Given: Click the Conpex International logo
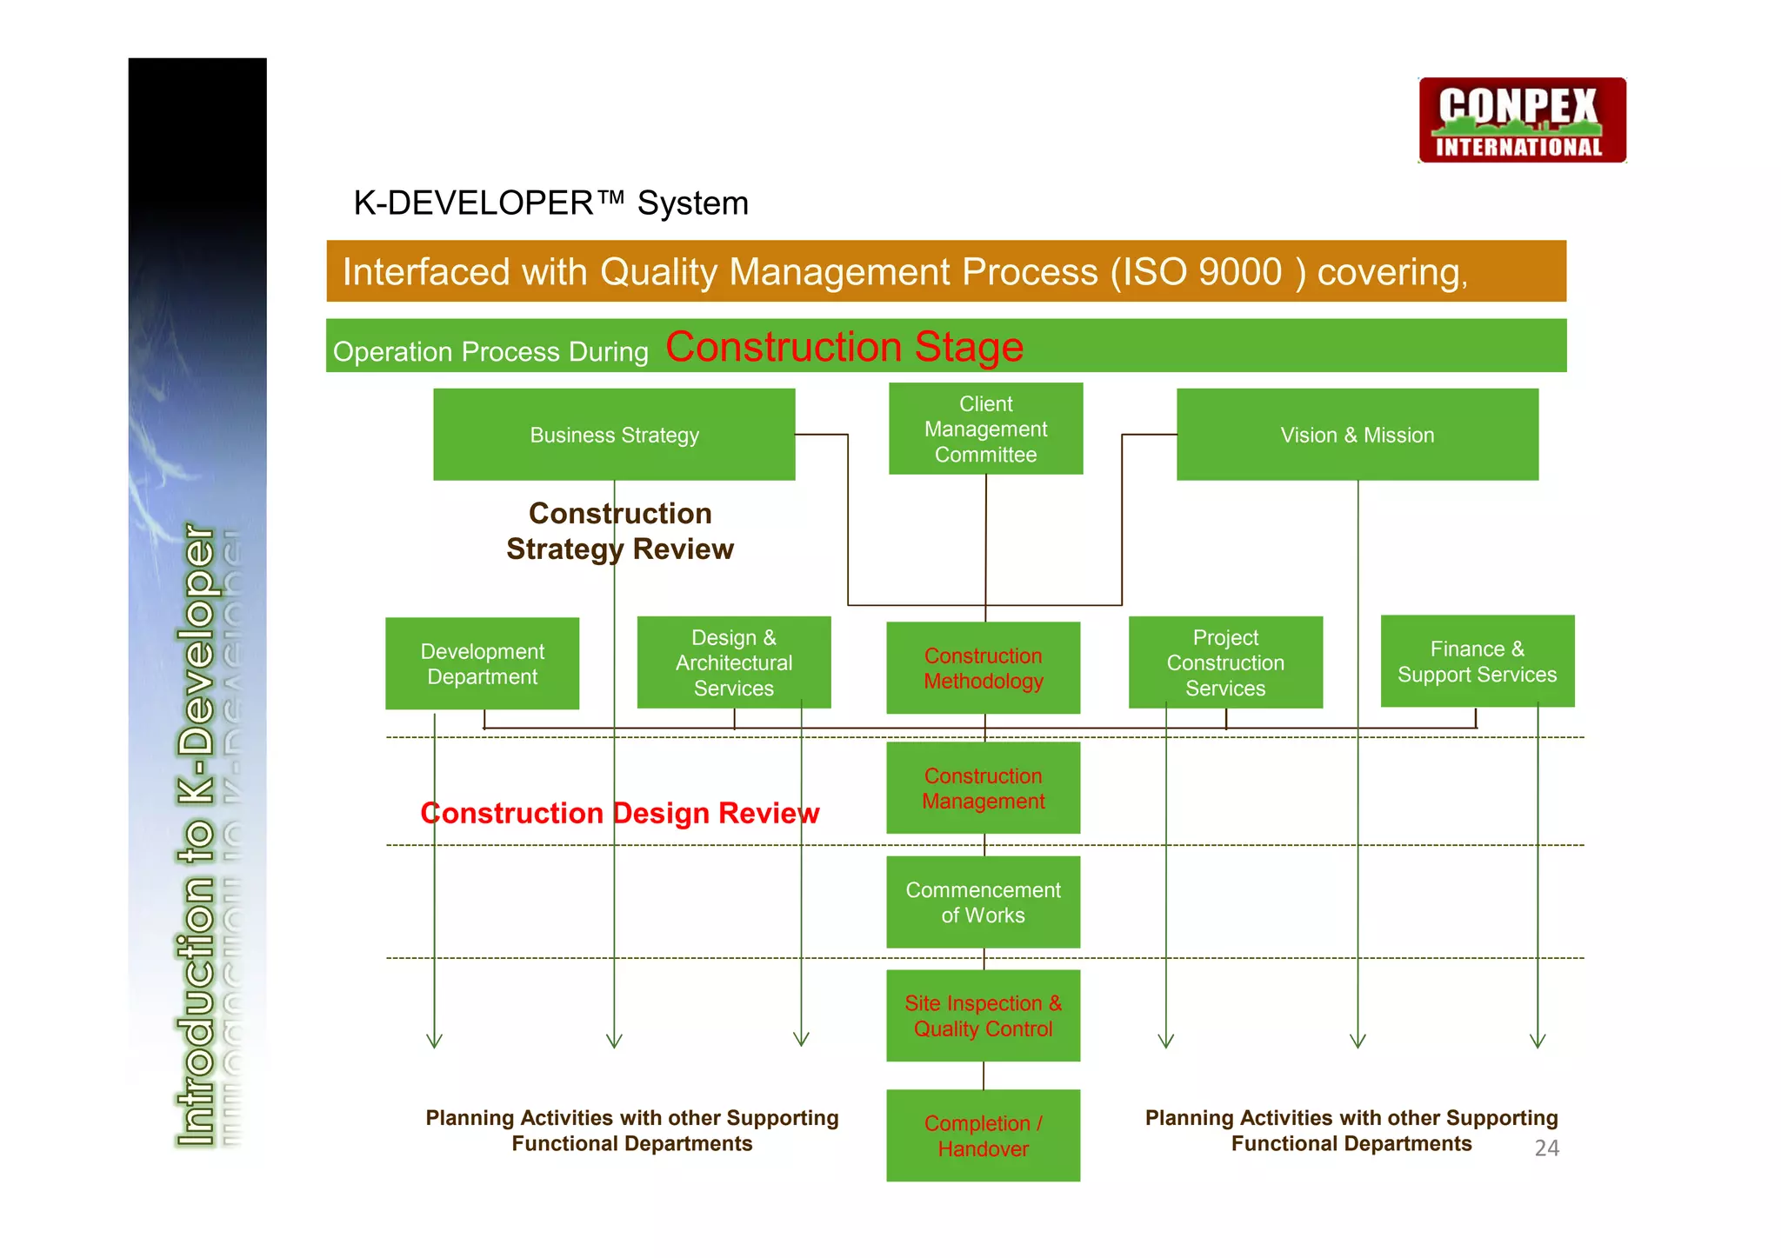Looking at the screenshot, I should (1522, 120).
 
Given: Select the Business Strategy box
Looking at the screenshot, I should (614, 434).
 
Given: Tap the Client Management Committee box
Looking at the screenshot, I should (985, 429).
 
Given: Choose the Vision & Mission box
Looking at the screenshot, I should (1357, 434).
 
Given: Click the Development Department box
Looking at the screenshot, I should (482, 663).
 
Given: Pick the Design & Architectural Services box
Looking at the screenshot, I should (733, 662).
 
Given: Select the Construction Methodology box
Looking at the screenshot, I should (983, 668).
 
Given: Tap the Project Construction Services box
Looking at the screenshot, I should (1225, 662).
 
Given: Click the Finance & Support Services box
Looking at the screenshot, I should (1477, 661).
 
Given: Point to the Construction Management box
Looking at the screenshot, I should (983, 788).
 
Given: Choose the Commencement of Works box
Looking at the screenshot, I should (983, 902).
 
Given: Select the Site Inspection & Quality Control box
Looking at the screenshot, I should (983, 1015).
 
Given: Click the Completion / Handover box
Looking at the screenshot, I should (983, 1135).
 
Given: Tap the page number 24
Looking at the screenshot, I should (1546, 1148).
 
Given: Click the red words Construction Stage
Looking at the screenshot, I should (844, 347).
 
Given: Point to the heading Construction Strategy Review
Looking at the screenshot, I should (620, 531).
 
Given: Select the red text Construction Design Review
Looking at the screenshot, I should (619, 813).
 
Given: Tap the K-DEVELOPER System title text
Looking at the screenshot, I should (550, 203).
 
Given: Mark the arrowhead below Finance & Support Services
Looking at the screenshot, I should (1538, 1041).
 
